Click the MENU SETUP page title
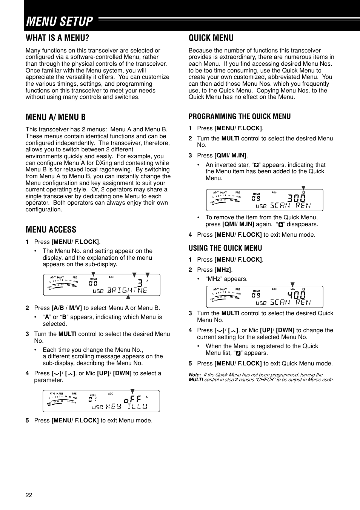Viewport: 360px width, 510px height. pos(59,22)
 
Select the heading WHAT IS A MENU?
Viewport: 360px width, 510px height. pos(57,38)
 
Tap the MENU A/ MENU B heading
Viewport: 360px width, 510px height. pos(55,117)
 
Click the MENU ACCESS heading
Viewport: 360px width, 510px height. pos(51,230)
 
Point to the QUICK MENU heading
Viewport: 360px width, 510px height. pos(211,38)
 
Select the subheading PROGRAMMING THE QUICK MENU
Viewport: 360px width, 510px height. pos(240,116)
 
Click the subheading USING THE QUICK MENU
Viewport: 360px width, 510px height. pos(225,248)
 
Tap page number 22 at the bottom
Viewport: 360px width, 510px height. pos(29,495)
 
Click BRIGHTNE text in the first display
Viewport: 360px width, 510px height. pos(127,290)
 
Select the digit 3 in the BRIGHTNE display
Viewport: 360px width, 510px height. pos(140,283)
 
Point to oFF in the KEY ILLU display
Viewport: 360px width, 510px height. pos(132,399)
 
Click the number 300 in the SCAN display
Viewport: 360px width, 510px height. pos(296,198)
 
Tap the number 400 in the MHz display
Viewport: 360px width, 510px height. pos(296,295)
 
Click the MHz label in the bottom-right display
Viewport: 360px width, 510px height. pos(292,289)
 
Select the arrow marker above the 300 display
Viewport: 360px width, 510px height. pos(303,188)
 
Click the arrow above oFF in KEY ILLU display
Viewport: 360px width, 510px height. pos(132,391)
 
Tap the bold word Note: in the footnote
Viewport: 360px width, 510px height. pos(195,375)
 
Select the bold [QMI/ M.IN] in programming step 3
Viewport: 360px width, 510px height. pos(230,156)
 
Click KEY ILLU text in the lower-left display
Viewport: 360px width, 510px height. pos(126,407)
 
